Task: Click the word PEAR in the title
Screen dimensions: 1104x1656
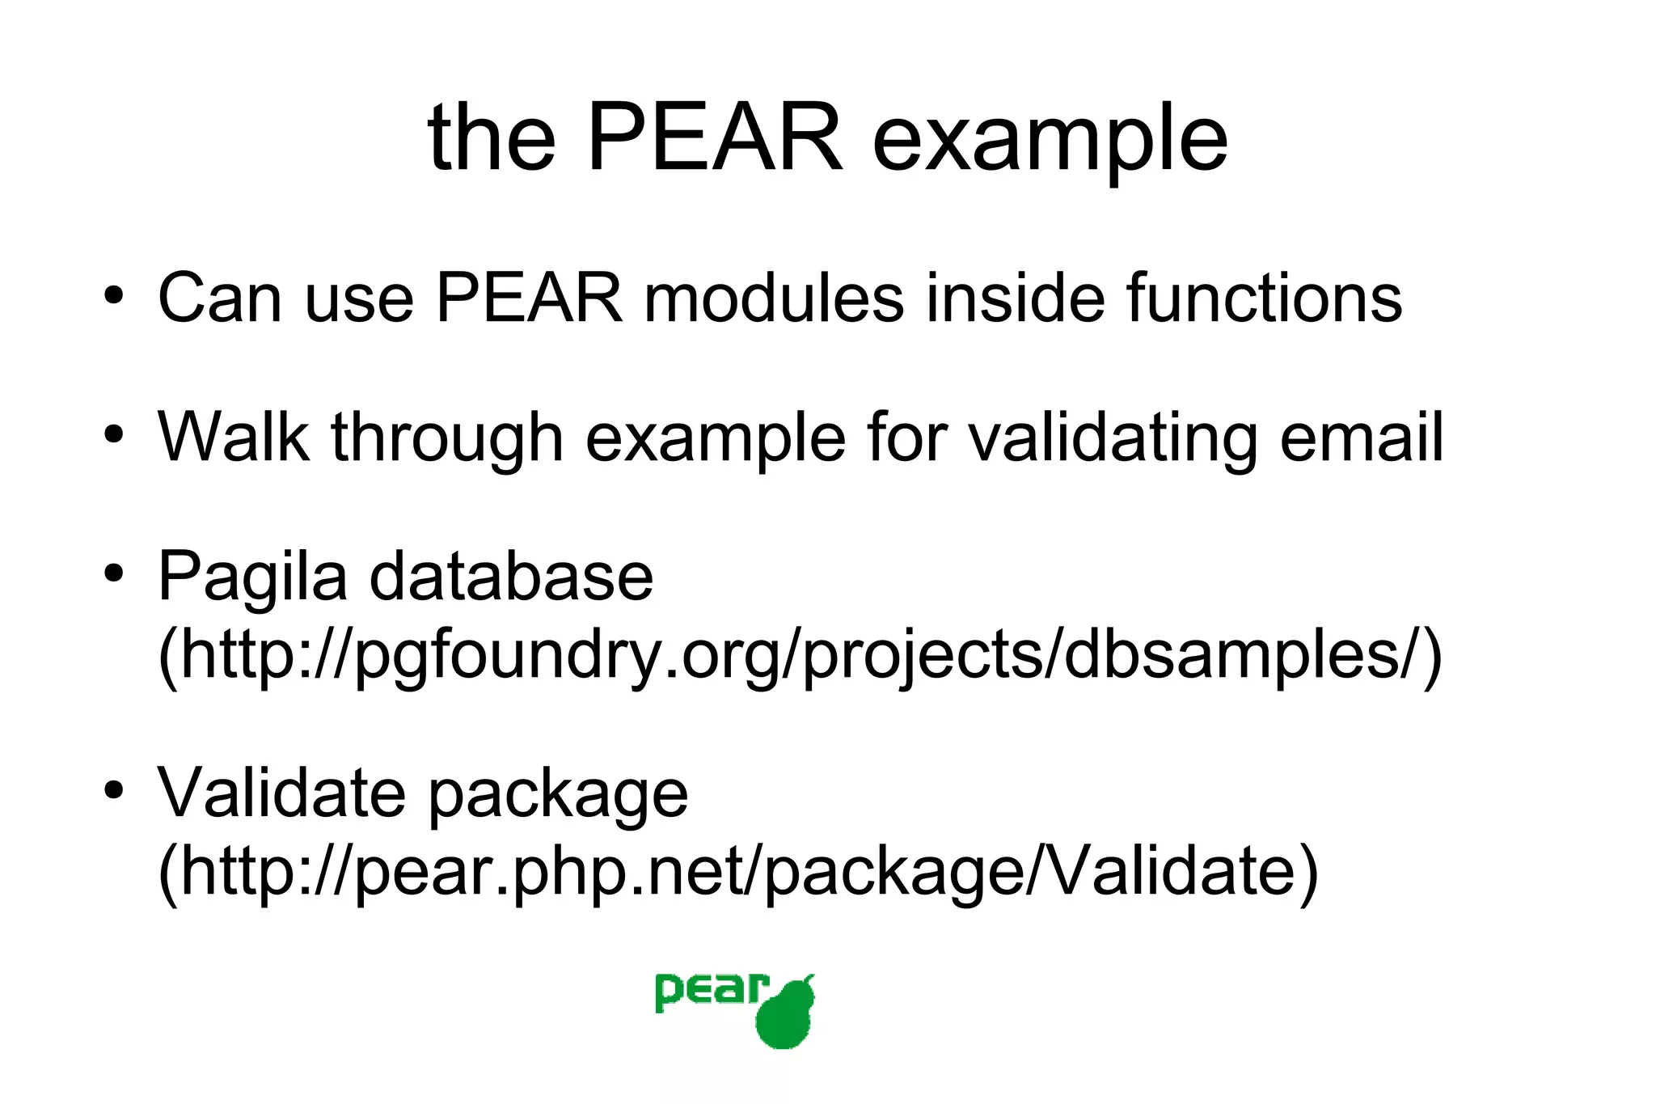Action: [715, 139]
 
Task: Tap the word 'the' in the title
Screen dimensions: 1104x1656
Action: [492, 139]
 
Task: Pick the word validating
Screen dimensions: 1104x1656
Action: [1113, 438]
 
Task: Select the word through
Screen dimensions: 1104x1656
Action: [447, 438]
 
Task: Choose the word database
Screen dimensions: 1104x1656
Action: [511, 575]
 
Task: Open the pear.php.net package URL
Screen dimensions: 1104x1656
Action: [738, 871]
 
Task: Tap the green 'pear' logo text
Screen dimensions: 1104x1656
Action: [710, 992]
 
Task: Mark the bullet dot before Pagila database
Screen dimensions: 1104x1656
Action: [113, 573]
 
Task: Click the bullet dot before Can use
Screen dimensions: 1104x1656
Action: [113, 295]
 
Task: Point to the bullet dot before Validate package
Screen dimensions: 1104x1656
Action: [113, 789]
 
